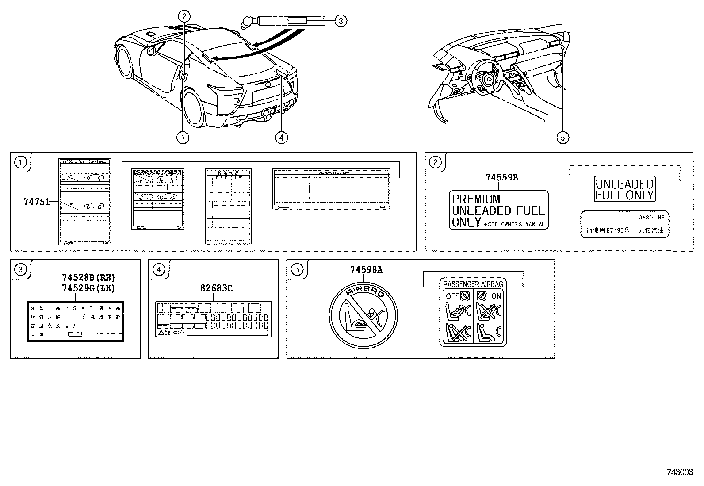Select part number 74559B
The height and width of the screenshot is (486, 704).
[501, 178]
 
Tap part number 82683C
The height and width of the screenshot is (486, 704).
[216, 288]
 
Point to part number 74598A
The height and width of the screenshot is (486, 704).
[366, 270]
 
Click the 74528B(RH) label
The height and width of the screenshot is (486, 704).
[88, 278]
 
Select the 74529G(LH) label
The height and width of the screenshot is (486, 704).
[88, 288]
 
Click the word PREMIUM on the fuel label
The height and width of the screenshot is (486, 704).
[476, 199]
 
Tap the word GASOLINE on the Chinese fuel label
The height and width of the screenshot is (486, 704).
[651, 218]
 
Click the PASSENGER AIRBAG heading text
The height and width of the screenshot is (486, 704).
[473, 284]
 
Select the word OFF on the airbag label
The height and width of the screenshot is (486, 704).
[451, 296]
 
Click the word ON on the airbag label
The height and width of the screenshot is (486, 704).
[496, 296]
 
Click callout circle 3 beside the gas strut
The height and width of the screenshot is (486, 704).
[340, 20]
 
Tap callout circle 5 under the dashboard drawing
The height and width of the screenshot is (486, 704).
[562, 138]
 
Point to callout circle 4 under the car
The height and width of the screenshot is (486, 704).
[281, 138]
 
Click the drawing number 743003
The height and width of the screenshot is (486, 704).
[680, 472]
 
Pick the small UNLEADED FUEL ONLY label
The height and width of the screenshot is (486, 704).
[624, 190]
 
